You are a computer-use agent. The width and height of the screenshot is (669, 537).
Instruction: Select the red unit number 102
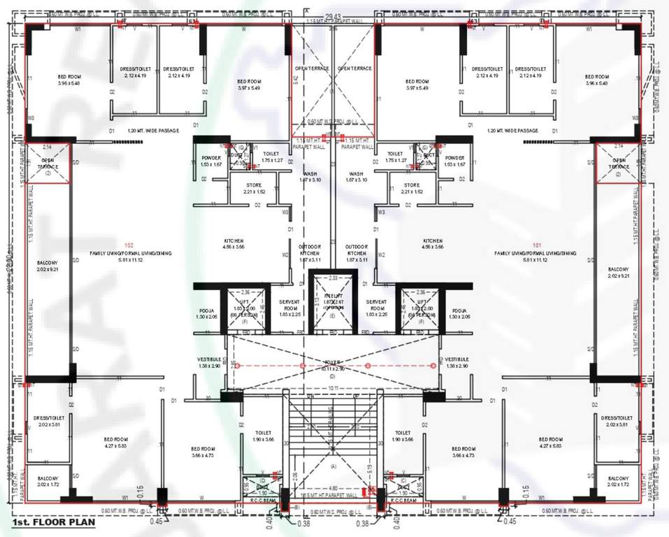point(129,245)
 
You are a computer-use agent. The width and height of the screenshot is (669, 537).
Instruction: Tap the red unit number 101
point(538,245)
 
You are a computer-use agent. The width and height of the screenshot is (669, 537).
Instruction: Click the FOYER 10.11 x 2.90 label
point(333,365)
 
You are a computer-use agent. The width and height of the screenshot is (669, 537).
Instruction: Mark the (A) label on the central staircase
point(333,466)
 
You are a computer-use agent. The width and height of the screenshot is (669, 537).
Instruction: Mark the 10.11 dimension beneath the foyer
point(333,388)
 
